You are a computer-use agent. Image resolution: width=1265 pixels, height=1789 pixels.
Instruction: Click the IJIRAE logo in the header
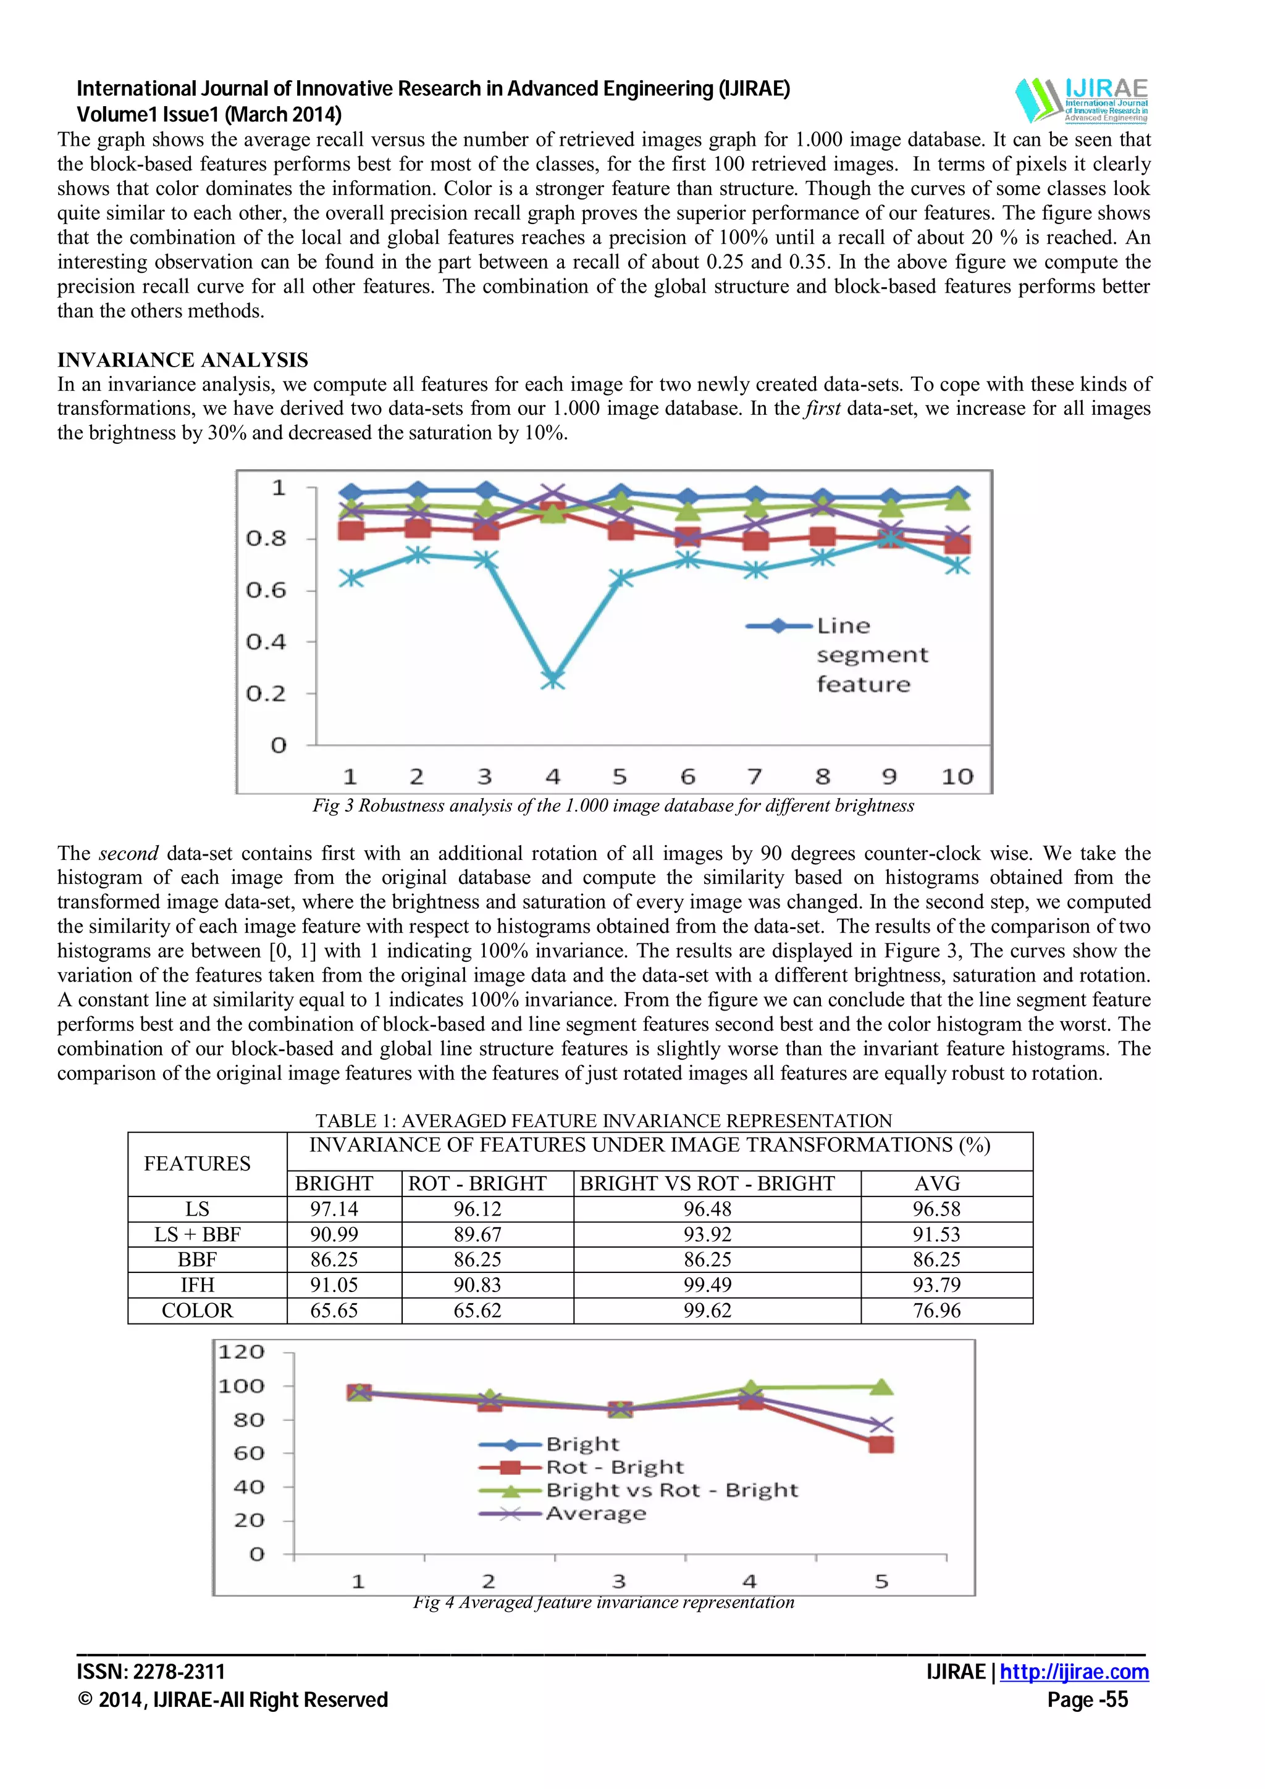click(1082, 100)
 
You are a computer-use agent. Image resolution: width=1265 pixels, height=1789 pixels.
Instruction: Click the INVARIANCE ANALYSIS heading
click(182, 360)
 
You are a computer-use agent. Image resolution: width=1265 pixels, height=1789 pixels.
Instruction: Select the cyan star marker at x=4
click(553, 680)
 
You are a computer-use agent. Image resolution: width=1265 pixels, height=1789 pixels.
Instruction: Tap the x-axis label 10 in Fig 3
click(957, 777)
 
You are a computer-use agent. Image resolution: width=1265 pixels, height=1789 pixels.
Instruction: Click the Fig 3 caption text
click(613, 806)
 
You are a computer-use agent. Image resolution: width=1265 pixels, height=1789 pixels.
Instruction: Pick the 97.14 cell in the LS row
click(334, 1209)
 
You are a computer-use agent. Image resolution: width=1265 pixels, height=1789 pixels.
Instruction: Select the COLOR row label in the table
click(197, 1311)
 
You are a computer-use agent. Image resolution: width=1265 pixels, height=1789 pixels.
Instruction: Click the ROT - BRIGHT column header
click(477, 1183)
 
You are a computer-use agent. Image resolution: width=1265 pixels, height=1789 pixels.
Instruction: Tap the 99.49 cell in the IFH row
click(707, 1285)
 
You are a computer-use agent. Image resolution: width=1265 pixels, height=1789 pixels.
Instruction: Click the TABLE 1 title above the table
click(603, 1120)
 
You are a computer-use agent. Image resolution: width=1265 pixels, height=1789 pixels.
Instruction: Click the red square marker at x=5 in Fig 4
click(881, 1445)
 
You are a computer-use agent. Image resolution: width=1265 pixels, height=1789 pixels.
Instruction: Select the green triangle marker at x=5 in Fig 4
click(881, 1387)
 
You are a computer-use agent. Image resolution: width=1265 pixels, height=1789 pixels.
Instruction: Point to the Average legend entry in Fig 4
click(595, 1514)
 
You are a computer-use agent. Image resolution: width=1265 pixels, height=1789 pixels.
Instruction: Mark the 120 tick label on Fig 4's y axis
click(242, 1352)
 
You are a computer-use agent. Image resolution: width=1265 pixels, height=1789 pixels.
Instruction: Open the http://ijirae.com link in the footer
click(1074, 1672)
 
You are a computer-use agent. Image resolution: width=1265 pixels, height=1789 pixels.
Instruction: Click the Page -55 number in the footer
click(1087, 1700)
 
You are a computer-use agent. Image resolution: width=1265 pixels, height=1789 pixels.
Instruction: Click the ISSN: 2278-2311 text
click(151, 1672)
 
